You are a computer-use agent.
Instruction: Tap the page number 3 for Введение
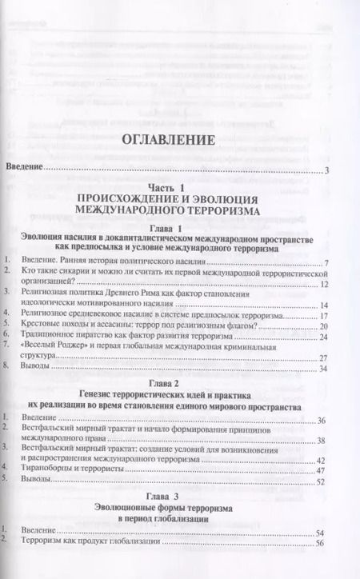click(329, 170)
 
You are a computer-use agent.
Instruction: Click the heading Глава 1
click(179, 228)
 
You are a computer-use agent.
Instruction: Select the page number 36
click(322, 420)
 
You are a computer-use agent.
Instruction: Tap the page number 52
click(322, 482)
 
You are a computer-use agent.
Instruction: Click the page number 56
click(322, 544)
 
